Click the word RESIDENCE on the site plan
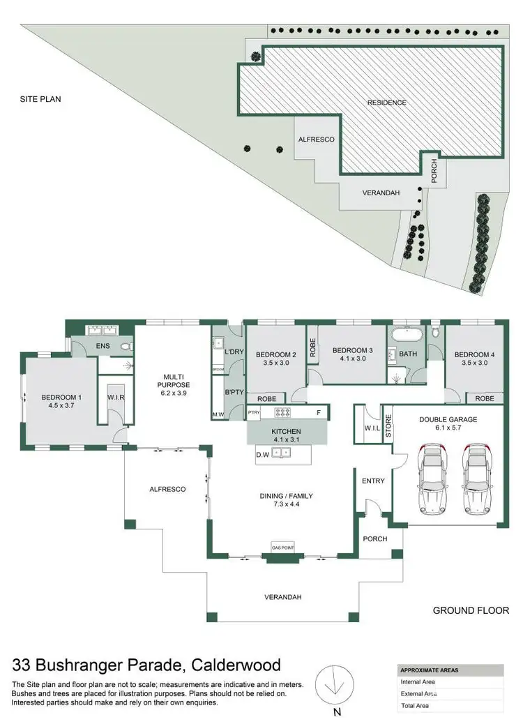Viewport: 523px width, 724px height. [387, 103]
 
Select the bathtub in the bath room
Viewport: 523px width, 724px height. [406, 333]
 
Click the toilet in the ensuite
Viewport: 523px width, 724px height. [126, 345]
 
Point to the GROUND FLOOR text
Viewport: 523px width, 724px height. [471, 610]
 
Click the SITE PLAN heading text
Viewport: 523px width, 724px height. [40, 99]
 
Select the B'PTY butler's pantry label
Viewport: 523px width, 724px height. [234, 392]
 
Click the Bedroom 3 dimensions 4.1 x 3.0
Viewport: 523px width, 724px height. [351, 359]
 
